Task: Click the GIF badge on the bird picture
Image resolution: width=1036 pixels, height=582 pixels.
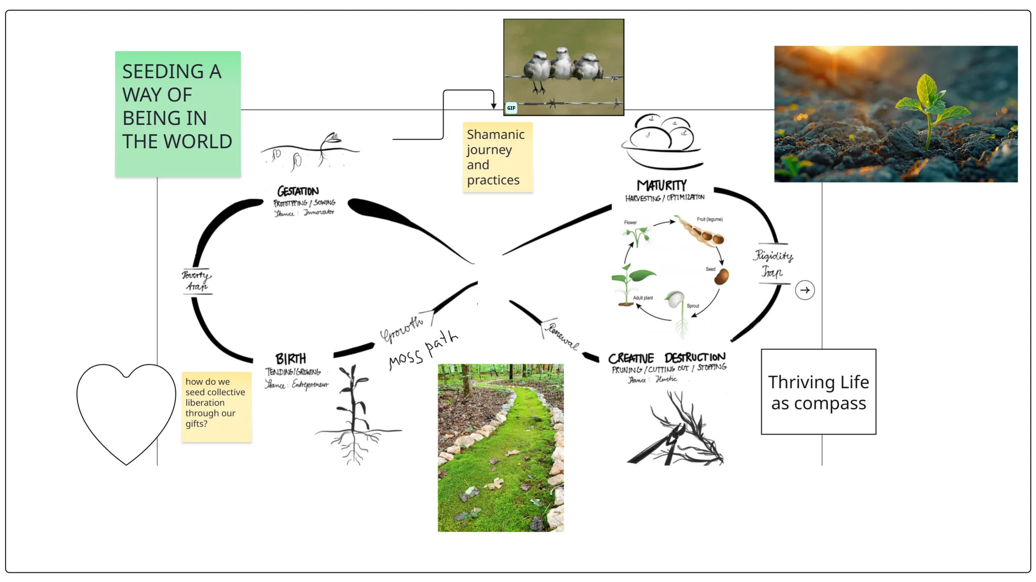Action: pos(511,108)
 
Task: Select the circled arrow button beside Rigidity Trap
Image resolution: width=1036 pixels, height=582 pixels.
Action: pos(805,290)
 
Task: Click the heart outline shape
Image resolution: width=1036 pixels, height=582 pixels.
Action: pos(126,410)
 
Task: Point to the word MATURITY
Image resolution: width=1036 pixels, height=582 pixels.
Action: pos(661,185)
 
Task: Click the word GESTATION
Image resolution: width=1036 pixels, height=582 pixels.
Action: pos(298,191)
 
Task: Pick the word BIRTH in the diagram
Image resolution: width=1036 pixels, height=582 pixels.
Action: pos(290,358)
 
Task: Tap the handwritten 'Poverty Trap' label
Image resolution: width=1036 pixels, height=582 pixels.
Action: pos(197,281)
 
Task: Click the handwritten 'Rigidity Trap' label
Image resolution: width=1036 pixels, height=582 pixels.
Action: pos(773,263)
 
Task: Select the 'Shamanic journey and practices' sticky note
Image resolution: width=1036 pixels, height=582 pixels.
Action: pos(497,157)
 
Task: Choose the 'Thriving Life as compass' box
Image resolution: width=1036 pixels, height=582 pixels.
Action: pos(819,392)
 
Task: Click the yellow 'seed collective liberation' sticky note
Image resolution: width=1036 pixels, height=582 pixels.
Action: pos(216,407)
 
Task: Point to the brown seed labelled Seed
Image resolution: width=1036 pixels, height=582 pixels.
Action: pos(721,277)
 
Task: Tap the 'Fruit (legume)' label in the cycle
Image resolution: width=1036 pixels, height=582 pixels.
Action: pos(709,219)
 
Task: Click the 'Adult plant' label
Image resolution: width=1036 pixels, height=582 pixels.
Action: pos(643,298)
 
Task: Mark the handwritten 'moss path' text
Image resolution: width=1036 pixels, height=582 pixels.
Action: pos(423,350)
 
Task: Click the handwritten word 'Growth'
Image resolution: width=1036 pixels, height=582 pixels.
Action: pos(402,329)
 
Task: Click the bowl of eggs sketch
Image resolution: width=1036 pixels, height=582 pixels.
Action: pos(662,143)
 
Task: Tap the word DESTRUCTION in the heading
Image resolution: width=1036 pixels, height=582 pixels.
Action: pos(695,357)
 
